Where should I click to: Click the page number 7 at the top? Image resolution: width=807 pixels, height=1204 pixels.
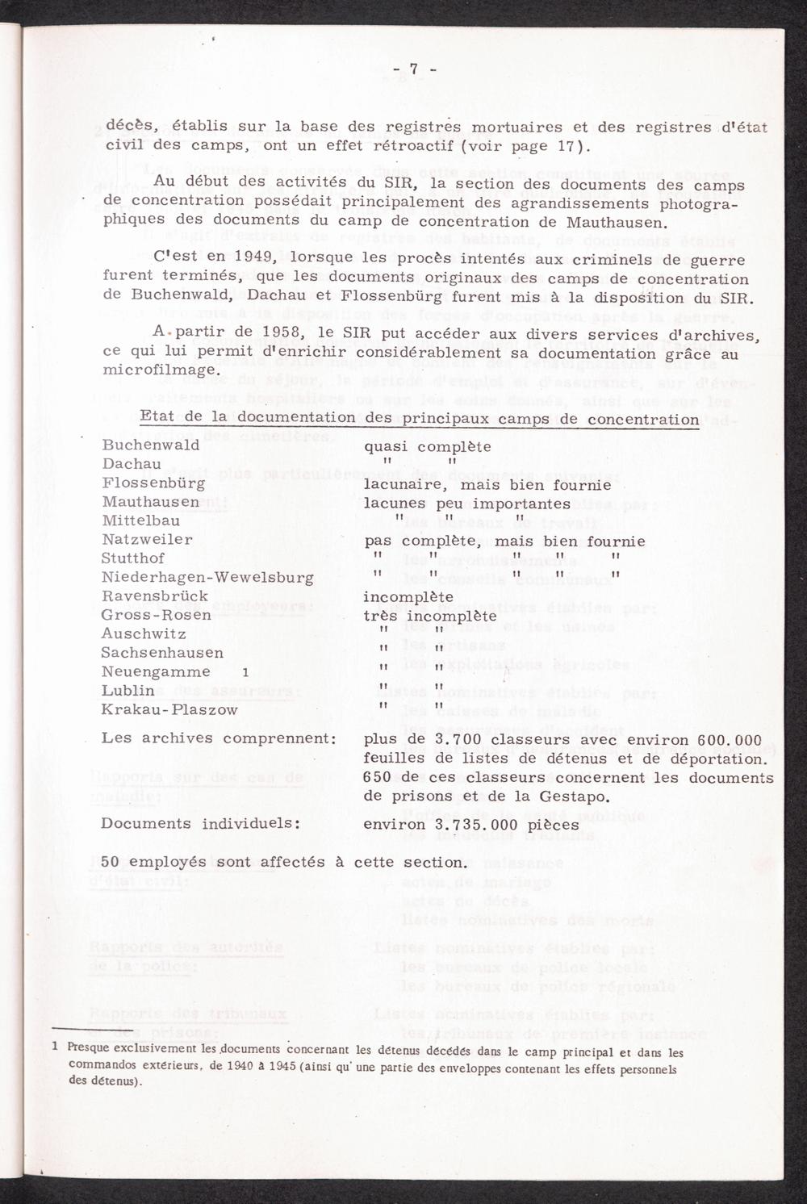413,69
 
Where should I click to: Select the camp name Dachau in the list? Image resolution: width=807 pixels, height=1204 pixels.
132,464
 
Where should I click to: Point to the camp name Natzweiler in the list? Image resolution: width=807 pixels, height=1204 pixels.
147,539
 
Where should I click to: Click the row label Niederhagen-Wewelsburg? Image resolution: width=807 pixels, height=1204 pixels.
207,577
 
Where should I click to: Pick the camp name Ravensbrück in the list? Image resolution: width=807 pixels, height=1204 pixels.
155,596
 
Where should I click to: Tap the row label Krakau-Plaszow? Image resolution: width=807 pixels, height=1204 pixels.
169,709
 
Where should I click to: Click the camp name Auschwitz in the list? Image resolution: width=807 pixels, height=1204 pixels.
144,634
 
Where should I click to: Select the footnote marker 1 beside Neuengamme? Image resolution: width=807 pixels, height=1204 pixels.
245,672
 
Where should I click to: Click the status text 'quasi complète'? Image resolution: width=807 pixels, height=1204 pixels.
428,446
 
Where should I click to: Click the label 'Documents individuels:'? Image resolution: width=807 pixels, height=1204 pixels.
201,824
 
